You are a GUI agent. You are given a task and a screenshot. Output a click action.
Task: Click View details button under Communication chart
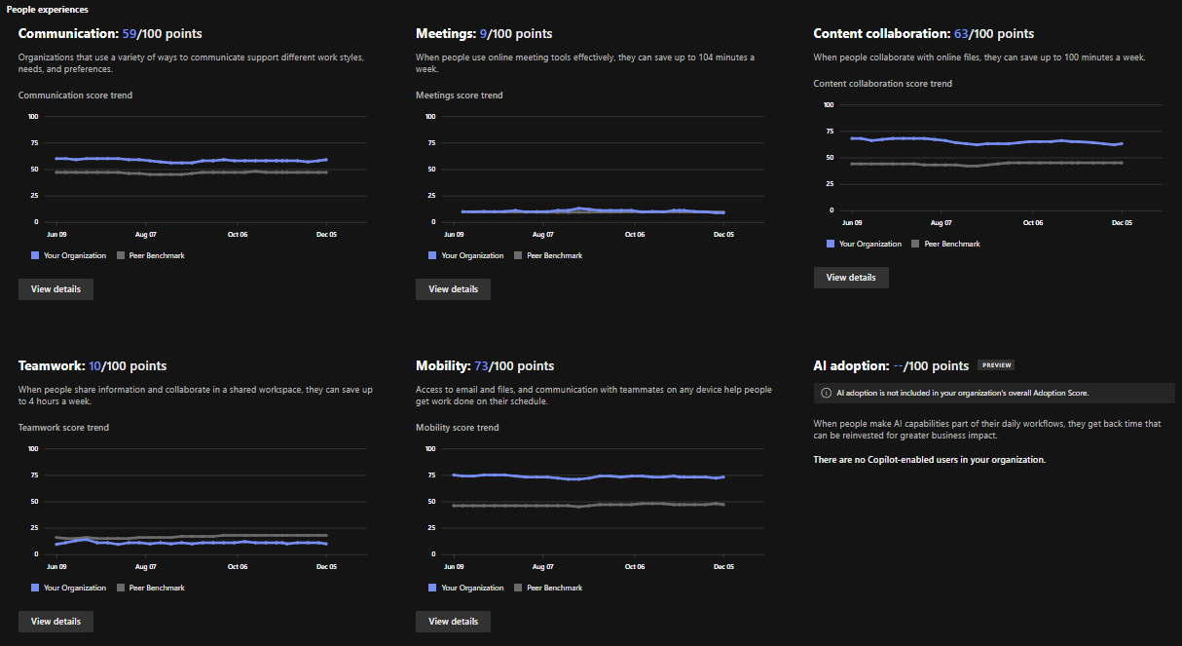[55, 289]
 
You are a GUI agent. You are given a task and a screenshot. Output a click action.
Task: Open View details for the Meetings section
[453, 289]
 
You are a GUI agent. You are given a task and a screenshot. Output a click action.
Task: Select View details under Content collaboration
[851, 278]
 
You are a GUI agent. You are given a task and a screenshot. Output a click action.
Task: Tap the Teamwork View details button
[55, 622]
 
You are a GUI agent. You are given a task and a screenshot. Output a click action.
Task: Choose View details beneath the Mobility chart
[453, 622]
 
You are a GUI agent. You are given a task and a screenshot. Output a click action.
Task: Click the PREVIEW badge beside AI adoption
[996, 366]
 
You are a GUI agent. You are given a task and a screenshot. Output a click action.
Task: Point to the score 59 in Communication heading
[130, 34]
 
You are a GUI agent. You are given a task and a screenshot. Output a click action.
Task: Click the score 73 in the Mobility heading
[481, 366]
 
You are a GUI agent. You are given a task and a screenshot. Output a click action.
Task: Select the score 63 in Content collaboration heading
[963, 34]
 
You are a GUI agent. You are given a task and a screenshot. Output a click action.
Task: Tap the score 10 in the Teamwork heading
[94, 366]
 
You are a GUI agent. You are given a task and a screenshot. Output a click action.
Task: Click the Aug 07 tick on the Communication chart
[146, 235]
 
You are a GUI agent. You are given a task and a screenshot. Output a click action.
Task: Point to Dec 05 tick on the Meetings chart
[723, 235]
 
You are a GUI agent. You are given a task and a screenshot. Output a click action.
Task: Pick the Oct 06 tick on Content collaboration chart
[1032, 223]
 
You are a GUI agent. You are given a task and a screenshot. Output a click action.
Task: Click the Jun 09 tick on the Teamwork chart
[56, 566]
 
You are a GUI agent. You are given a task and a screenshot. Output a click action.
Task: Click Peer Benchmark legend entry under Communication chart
[151, 256]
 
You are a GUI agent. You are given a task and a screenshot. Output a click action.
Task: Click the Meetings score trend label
[460, 95]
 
